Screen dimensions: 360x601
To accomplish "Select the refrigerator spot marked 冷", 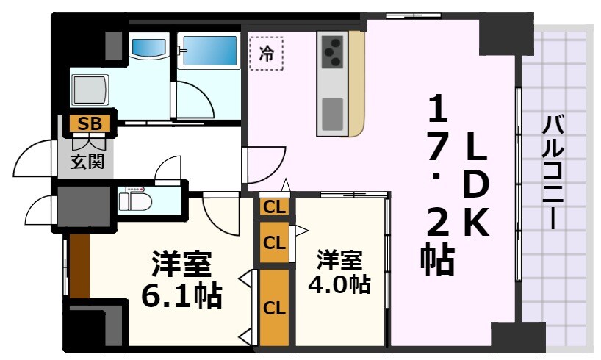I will tap(266, 53).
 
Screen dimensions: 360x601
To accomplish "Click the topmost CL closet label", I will tap(274, 207).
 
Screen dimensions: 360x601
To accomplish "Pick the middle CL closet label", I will tap(274, 242).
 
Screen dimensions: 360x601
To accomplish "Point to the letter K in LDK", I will tap(475, 221).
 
